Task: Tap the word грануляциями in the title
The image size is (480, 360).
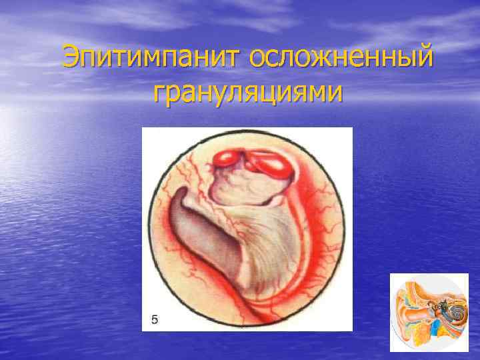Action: coord(248,93)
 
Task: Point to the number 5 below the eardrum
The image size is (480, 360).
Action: coord(155,320)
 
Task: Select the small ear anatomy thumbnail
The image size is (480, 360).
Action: coord(429,312)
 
